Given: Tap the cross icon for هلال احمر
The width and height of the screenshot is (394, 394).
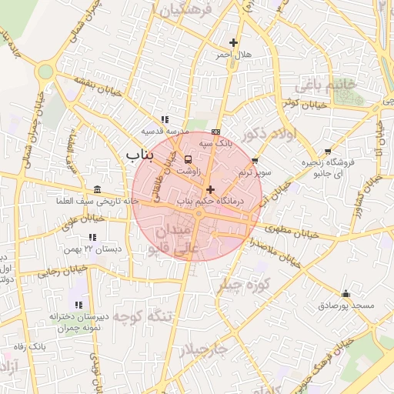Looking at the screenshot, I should pos(234,42).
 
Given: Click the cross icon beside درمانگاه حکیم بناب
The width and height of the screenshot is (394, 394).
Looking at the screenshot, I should pos(210,189).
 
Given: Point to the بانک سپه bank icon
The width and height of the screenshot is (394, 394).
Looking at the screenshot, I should pos(215,131).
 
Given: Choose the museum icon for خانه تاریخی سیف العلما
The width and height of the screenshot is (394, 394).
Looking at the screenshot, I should pos(97,189).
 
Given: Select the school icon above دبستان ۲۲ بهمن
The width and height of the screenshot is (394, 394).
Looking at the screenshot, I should pos(93,237).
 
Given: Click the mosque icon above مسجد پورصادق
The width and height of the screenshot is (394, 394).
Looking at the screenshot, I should pos(346,293).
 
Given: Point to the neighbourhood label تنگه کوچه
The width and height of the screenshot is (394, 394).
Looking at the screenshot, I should pos(144,316).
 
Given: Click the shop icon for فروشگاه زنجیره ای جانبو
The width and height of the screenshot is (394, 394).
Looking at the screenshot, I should pos(329,151).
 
